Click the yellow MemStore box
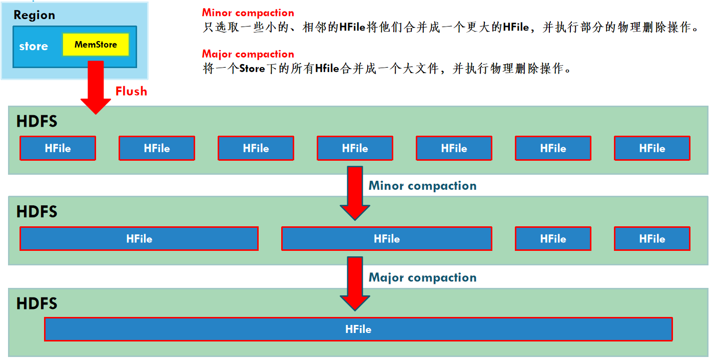pos(96,45)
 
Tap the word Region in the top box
pos(34,15)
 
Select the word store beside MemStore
pos(34,47)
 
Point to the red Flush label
pos(131,91)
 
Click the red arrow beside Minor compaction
pos(355,193)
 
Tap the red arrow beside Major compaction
pos(355,283)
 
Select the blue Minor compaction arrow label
pos(422,186)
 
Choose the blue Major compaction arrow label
pos(422,277)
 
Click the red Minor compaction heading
pos(248,13)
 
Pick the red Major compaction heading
pos(248,54)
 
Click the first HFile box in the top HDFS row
pos(58,148)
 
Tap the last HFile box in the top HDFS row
pos(652,148)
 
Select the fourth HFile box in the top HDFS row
pos(355,148)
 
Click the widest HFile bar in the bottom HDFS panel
pos(358,329)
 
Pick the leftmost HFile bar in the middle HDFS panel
pos(139,239)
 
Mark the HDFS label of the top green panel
pos(37,122)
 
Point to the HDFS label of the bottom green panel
pos(37,303)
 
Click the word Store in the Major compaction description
pos(252,69)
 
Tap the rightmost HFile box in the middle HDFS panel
pos(652,239)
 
